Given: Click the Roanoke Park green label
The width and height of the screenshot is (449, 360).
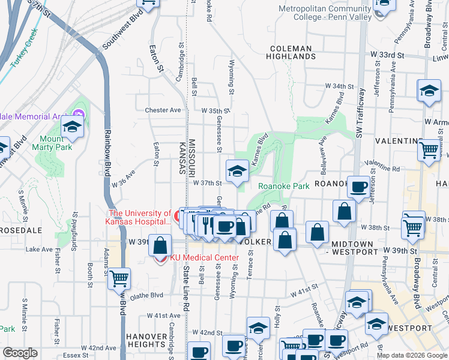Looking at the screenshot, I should coord(283,187).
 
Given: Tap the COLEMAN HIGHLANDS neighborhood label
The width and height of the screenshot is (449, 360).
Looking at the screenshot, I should coord(291,52).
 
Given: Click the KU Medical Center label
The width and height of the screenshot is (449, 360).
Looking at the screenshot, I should coord(204,258).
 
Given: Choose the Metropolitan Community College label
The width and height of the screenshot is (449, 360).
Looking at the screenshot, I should coord(324,13).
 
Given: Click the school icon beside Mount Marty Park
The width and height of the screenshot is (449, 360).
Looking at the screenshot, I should coord(71,127).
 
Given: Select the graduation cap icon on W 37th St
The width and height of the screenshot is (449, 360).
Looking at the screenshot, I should coord(237,171).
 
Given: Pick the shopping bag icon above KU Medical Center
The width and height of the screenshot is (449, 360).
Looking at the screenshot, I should coord(160,245).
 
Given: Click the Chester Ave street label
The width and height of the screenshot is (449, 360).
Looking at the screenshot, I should coord(163,110).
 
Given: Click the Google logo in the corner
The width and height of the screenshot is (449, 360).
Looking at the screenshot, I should coord(20,353).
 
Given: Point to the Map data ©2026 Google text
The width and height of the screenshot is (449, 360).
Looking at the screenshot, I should coord(411,355).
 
